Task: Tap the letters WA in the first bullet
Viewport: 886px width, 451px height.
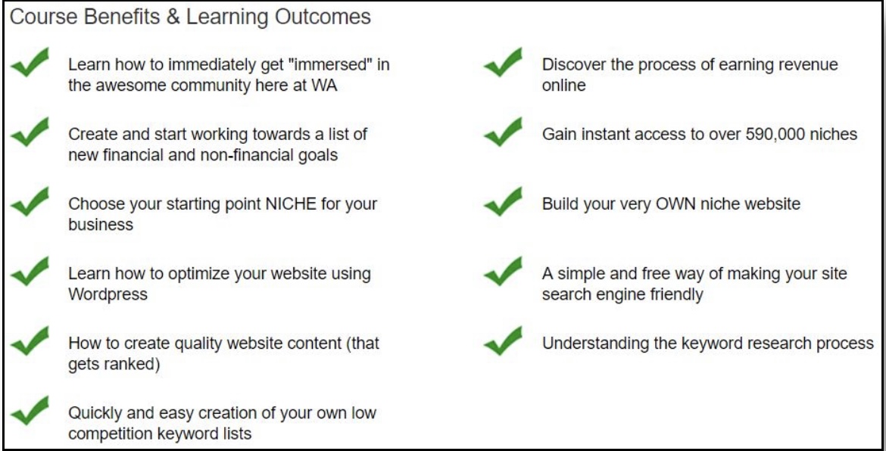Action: click(324, 86)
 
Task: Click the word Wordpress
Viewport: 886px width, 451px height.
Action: click(108, 294)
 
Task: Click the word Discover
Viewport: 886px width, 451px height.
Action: click(574, 65)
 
